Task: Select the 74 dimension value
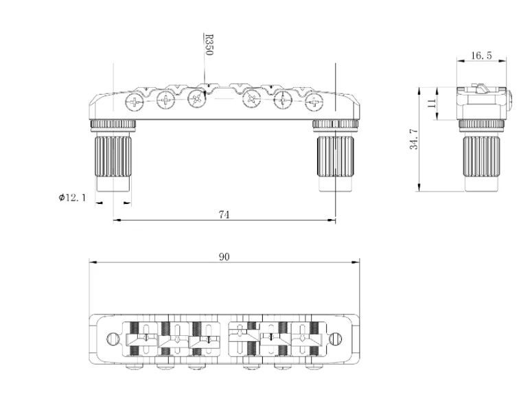[224, 214]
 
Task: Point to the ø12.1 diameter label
[72, 198]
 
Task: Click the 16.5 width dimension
[481, 56]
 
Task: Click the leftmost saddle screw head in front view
[134, 104]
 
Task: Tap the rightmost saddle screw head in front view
[314, 104]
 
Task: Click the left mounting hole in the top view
[114, 338]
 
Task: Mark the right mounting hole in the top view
[336, 338]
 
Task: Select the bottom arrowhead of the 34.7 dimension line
[419, 188]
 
